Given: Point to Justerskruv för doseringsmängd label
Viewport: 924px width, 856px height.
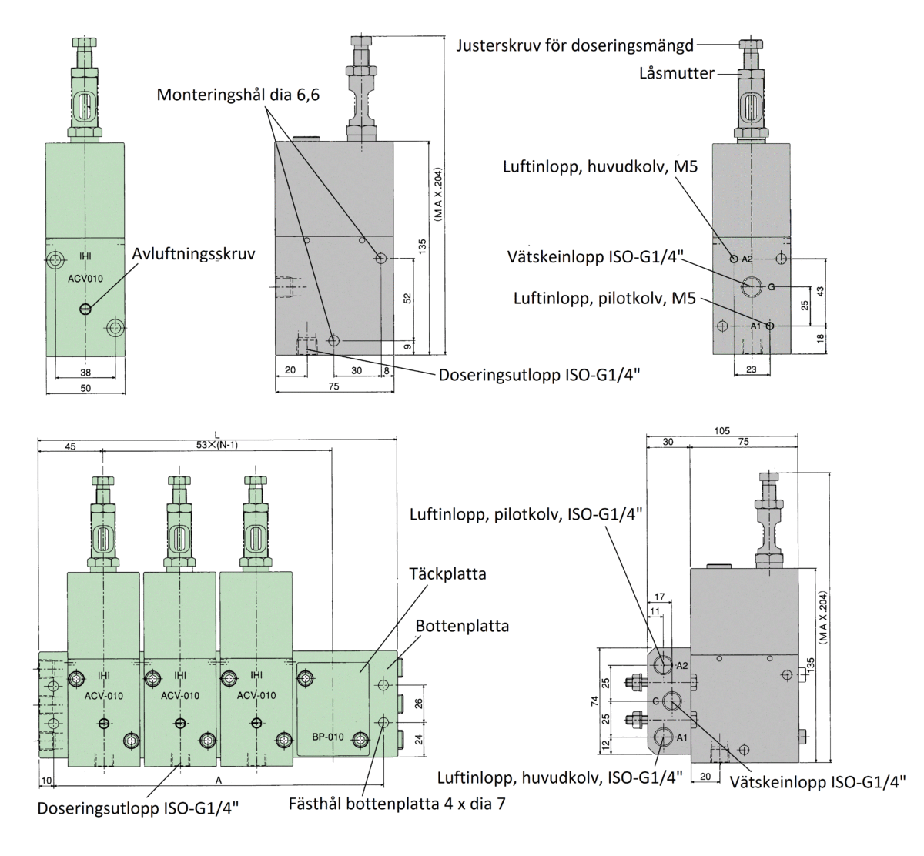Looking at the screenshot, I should click(573, 45).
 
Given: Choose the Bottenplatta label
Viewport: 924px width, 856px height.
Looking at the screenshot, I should click(462, 626).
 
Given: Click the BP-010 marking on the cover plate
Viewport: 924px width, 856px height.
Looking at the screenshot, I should click(327, 737).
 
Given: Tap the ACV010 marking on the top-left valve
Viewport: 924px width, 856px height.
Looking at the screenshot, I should click(85, 279).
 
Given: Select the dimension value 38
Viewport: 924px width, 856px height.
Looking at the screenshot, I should click(85, 373).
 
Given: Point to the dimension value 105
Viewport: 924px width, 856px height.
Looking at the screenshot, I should click(721, 431).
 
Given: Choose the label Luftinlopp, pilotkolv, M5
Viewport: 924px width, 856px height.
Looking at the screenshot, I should click(604, 297).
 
